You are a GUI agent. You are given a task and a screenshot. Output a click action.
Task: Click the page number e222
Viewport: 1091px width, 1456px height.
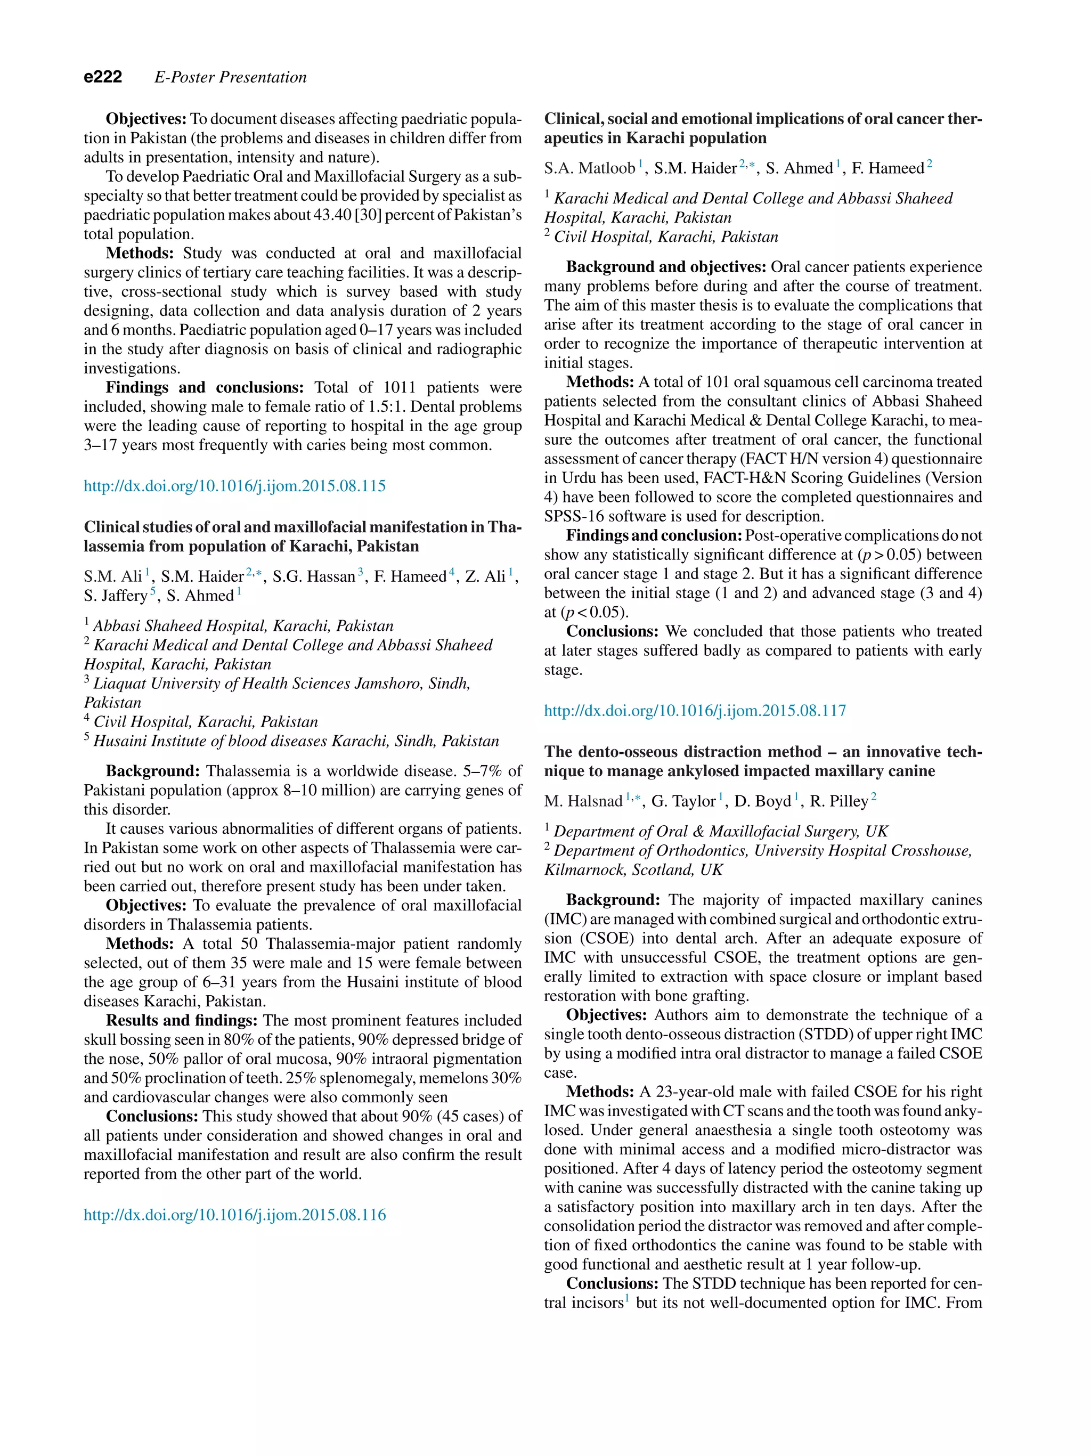[x=103, y=77]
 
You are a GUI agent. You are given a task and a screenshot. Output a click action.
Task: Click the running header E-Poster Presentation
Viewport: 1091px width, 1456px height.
[x=230, y=77]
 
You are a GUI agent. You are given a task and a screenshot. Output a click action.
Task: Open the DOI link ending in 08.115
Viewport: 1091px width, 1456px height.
[x=234, y=486]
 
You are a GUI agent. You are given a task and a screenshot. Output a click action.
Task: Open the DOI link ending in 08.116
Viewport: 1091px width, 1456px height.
[x=234, y=1215]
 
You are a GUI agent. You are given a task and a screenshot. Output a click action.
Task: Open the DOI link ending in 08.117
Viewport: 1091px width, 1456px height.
[x=695, y=710]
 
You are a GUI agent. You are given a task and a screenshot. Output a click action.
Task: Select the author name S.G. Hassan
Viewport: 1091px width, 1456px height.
[x=313, y=576]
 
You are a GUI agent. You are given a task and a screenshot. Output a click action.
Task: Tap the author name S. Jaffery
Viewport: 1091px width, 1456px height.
[x=115, y=596]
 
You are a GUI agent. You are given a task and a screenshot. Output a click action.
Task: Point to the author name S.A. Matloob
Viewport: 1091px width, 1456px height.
[x=589, y=168]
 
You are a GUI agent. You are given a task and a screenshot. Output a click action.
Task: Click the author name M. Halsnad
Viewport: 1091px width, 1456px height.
[x=582, y=801]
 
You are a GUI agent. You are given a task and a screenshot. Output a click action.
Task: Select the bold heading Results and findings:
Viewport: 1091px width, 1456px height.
[x=182, y=1020]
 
